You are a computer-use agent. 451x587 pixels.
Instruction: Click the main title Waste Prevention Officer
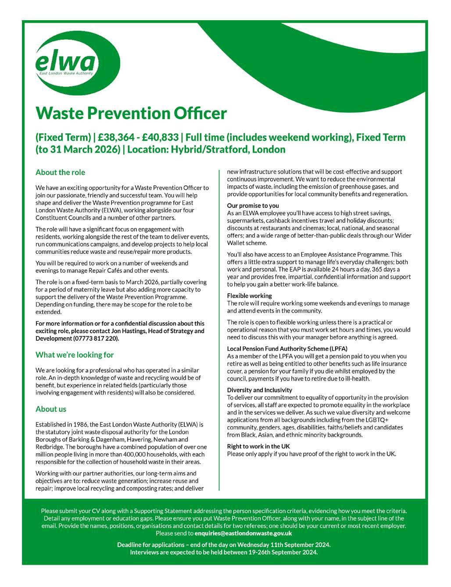tap(131, 113)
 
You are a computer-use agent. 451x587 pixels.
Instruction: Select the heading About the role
tap(60, 172)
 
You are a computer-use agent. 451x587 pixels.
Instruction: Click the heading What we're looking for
tap(75, 355)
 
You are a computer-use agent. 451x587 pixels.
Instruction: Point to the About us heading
tap(51, 409)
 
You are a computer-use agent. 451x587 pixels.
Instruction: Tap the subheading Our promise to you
tap(253, 206)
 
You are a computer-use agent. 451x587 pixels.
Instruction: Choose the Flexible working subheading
tap(249, 296)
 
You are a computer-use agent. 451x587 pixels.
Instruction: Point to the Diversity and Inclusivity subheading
tap(259, 390)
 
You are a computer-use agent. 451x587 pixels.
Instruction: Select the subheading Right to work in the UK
tap(258, 446)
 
